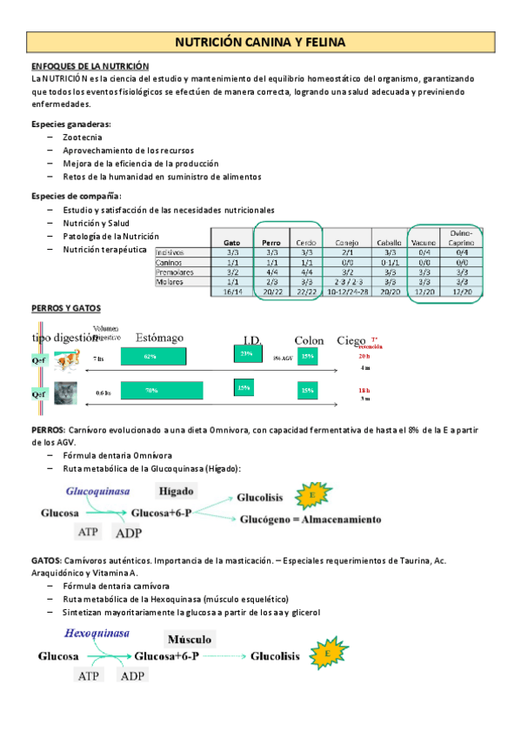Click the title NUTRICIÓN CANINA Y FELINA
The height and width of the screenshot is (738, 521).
click(x=261, y=42)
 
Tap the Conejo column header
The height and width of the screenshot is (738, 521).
click(x=345, y=242)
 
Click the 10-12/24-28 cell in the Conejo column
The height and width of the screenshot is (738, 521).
click(x=345, y=292)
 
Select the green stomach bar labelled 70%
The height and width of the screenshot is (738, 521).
click(x=162, y=391)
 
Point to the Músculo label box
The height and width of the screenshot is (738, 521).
click(x=186, y=640)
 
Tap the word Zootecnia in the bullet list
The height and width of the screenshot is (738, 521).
click(x=82, y=138)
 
